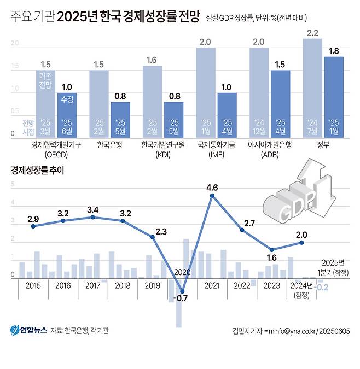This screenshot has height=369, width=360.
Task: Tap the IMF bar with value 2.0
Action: point(206,92)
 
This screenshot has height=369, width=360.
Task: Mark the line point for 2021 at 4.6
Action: point(212,195)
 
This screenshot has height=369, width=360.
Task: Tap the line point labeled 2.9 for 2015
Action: point(33,226)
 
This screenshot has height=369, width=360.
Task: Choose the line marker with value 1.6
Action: point(272,249)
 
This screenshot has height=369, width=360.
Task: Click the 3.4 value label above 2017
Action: point(92,209)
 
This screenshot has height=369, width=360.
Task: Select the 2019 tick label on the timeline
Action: point(152,286)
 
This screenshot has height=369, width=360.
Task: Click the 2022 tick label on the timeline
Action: point(242,286)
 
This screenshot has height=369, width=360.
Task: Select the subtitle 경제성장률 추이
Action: point(37,170)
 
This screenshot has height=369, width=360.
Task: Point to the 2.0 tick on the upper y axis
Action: point(15,43)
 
